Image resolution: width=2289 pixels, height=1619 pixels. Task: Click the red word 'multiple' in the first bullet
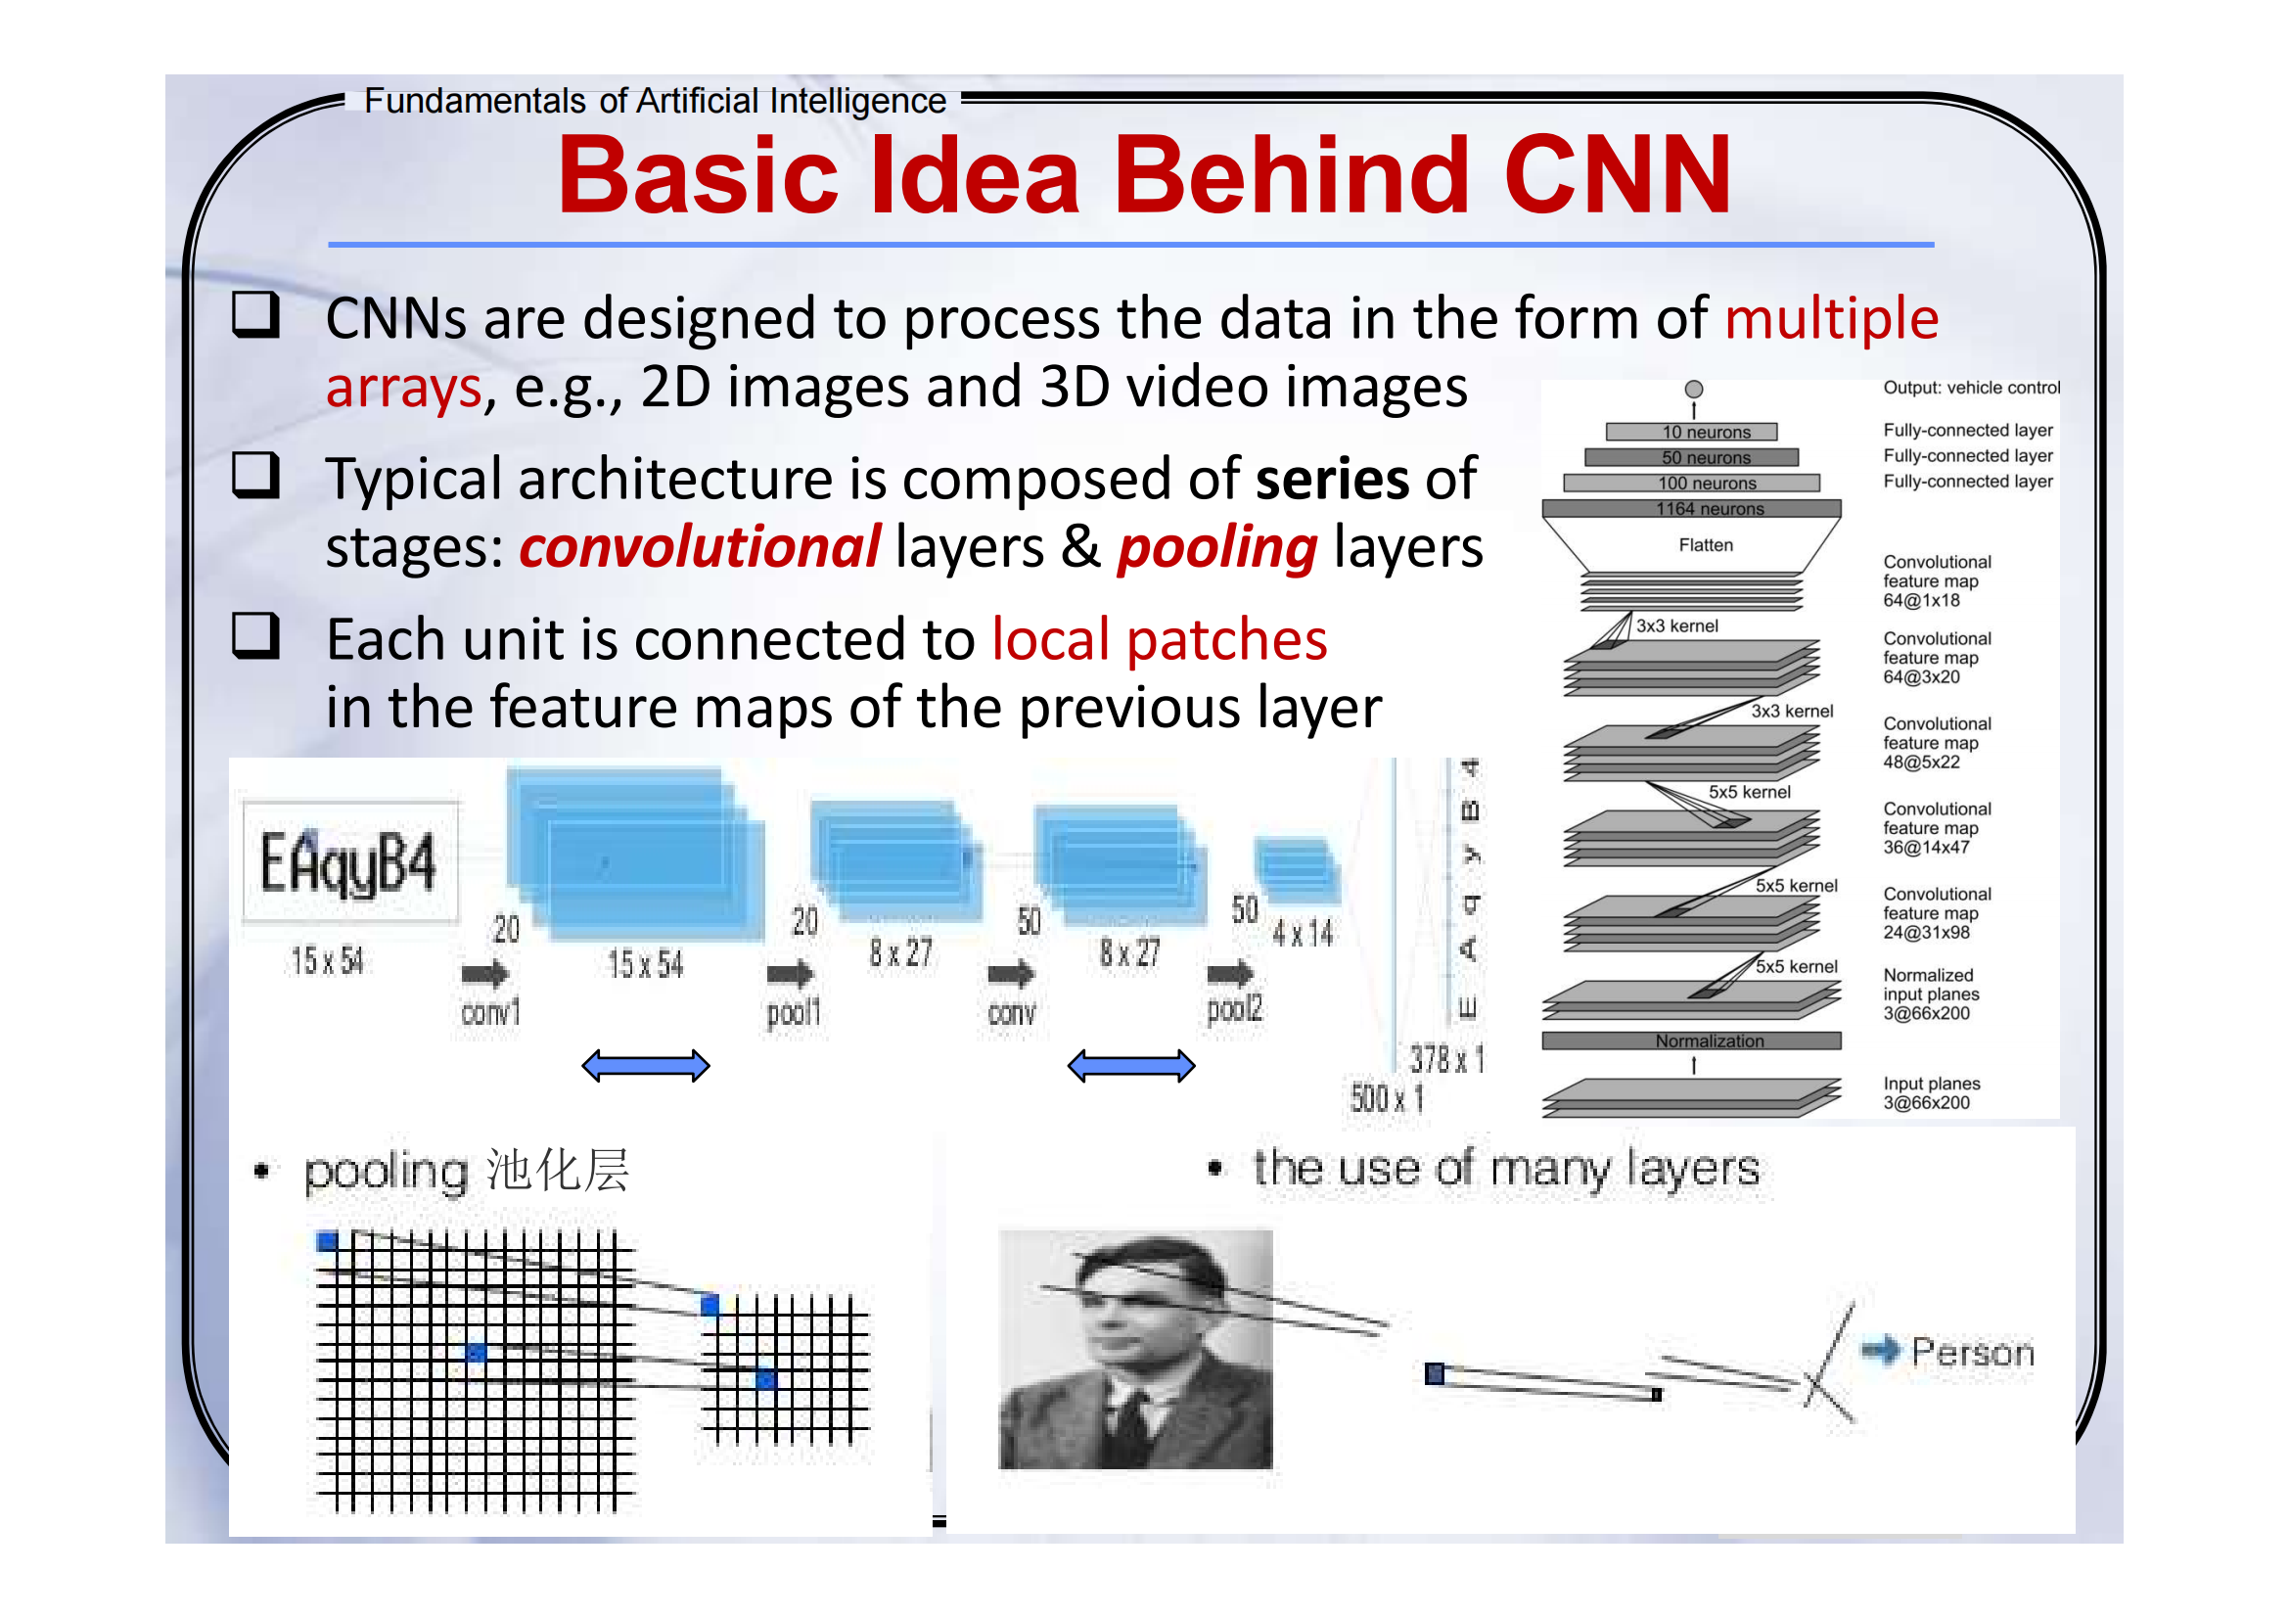pyautogui.click(x=1830, y=319)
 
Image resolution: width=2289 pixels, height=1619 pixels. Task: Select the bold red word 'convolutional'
pyautogui.click(x=699, y=547)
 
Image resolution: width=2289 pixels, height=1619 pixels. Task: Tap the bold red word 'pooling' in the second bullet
pyautogui.click(x=1216, y=547)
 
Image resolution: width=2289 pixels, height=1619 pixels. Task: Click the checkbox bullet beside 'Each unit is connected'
pyautogui.click(x=255, y=635)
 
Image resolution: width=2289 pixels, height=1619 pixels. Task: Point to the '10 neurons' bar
pyautogui.click(x=1692, y=432)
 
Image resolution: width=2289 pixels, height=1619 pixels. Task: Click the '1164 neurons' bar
pyautogui.click(x=1692, y=508)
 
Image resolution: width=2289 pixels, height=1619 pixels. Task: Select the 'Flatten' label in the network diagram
pyautogui.click(x=1706, y=545)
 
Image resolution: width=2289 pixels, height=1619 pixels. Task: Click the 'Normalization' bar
pyautogui.click(x=1692, y=1041)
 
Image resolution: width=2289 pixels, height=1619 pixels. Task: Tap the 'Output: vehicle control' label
pyautogui.click(x=1970, y=388)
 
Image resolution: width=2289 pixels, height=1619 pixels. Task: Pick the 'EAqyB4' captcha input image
pyautogui.click(x=350, y=862)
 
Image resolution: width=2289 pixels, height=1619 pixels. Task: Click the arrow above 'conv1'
pyautogui.click(x=485, y=973)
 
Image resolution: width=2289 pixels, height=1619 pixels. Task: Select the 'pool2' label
pyautogui.click(x=1234, y=1009)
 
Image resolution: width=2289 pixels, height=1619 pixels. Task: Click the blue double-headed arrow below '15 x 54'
pyautogui.click(x=645, y=1066)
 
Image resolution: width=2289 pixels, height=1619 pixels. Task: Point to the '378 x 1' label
pyautogui.click(x=1445, y=1059)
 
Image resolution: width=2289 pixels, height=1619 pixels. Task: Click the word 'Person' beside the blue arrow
pyautogui.click(x=1971, y=1353)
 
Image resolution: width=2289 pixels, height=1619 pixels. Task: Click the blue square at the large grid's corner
pyautogui.click(x=327, y=1241)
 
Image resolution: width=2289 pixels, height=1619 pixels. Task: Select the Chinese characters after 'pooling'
pyautogui.click(x=558, y=1171)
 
